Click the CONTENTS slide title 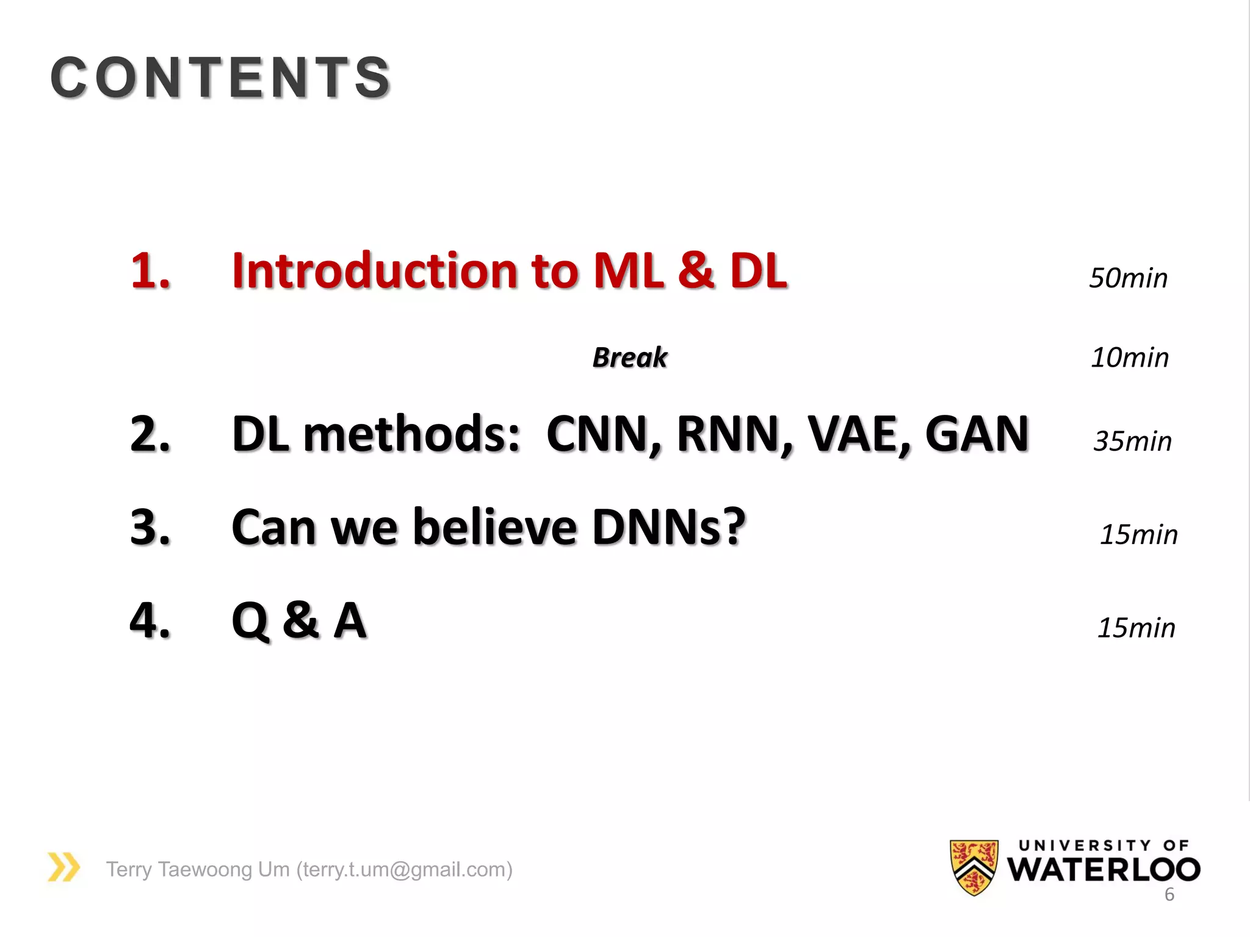(220, 77)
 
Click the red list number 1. (150, 270)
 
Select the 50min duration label (1128, 278)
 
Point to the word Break (630, 357)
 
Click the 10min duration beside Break (1130, 357)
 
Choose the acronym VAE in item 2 (857, 434)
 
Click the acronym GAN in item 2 (977, 434)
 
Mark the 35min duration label (1133, 441)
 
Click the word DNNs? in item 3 (668, 527)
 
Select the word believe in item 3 (495, 527)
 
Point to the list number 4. (150, 620)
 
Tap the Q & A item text (299, 620)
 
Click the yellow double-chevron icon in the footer (64, 867)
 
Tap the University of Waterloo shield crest (974, 867)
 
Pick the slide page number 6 (1169, 894)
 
